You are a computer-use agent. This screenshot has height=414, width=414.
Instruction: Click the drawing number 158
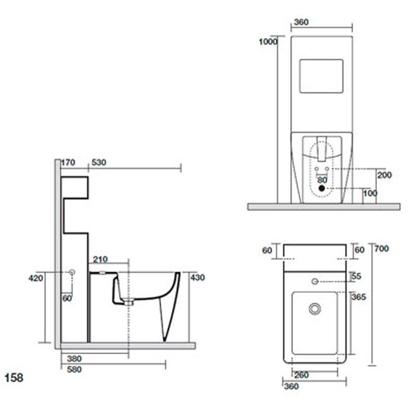[x=14, y=378]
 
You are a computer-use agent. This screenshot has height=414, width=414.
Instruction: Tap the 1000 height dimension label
[x=268, y=42]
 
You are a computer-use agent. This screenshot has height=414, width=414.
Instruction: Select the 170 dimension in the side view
[x=68, y=163]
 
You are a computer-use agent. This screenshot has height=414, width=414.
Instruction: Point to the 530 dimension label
[x=99, y=163]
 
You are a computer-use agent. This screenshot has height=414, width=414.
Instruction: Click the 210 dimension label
[x=101, y=260]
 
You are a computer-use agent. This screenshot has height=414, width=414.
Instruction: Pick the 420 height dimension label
[x=35, y=278]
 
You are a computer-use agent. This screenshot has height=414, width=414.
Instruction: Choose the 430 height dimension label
[x=198, y=277]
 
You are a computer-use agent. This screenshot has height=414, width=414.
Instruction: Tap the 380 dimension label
[x=75, y=358]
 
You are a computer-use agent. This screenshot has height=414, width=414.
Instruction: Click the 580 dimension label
[x=75, y=370]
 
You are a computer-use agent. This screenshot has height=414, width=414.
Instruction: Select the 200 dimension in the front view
[x=384, y=175]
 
